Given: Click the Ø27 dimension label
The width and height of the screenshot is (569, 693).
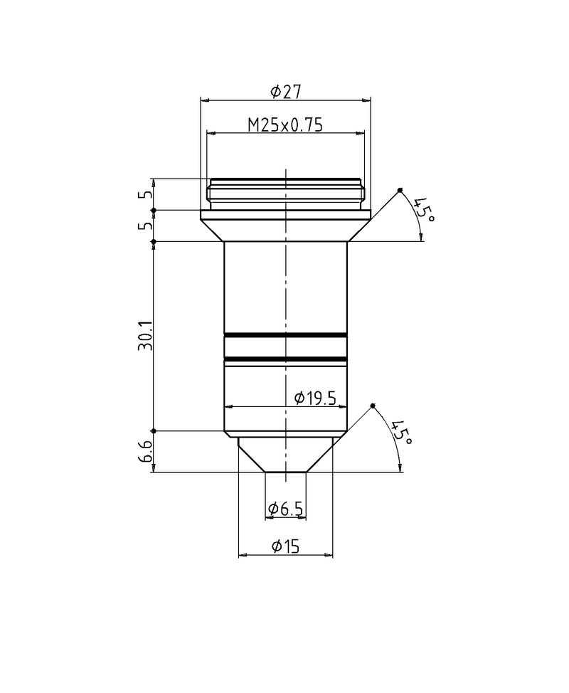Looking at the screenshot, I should [x=286, y=91].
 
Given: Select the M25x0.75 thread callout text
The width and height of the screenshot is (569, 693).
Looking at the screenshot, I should [x=285, y=125].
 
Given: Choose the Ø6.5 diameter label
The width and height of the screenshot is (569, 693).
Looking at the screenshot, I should [x=286, y=509].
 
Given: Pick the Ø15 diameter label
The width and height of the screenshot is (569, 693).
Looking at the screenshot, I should [x=285, y=546].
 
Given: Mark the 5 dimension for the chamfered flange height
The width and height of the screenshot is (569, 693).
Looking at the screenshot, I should [x=148, y=226].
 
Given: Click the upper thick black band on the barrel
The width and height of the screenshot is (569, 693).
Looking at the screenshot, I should [x=285, y=334].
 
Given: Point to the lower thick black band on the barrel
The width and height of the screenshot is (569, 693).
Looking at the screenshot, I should [x=285, y=359].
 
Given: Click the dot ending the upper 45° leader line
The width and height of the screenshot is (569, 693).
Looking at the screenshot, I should [x=400, y=189].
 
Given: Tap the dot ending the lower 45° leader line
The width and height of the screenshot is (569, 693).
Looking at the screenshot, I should [x=373, y=406].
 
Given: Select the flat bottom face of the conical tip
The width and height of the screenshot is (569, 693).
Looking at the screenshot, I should [x=285, y=472].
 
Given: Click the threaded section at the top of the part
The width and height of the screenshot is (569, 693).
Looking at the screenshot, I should [x=285, y=193].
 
